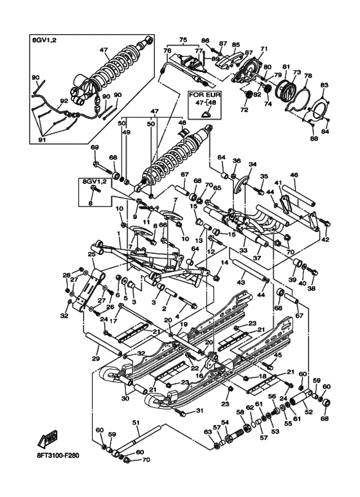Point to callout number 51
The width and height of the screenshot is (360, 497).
coord(136,422)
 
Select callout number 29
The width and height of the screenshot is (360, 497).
coord(96,358)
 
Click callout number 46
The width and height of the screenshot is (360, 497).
coord(294,175)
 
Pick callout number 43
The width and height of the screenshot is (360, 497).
coord(242,282)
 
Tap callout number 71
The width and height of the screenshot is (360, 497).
coord(264,49)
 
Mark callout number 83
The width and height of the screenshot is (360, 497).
coord(324,86)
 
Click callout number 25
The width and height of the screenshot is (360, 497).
coord(91,255)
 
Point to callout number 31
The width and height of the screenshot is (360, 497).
coord(200,411)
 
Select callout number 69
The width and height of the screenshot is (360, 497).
coord(94,149)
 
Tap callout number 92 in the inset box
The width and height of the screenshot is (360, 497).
coord(64,100)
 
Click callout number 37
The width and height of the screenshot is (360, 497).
coord(256,258)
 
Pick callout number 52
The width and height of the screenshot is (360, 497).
coord(308,413)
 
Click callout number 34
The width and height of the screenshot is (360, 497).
coord(252,164)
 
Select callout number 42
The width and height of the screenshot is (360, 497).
coord(325,239)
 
